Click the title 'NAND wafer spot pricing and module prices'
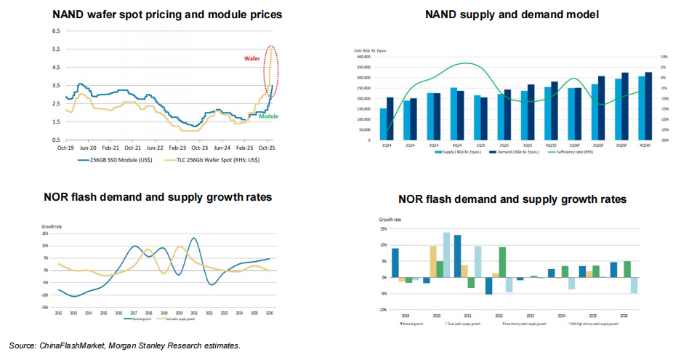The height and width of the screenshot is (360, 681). [168, 14]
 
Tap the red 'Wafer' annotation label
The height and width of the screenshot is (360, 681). [251, 57]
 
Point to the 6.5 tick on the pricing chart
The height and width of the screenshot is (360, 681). [55, 31]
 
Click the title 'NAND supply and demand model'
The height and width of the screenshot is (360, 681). [512, 15]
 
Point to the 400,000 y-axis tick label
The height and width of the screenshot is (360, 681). [361, 57]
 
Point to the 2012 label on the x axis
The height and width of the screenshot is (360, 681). [59, 313]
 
